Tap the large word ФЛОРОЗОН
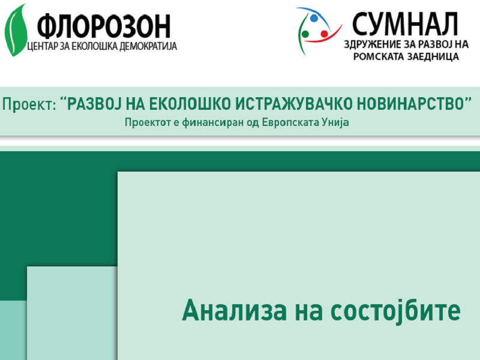[104, 25]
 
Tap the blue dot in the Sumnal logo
[313, 18]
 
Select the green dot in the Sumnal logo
[304, 34]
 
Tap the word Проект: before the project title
[29, 104]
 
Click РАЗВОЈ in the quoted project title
[94, 104]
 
